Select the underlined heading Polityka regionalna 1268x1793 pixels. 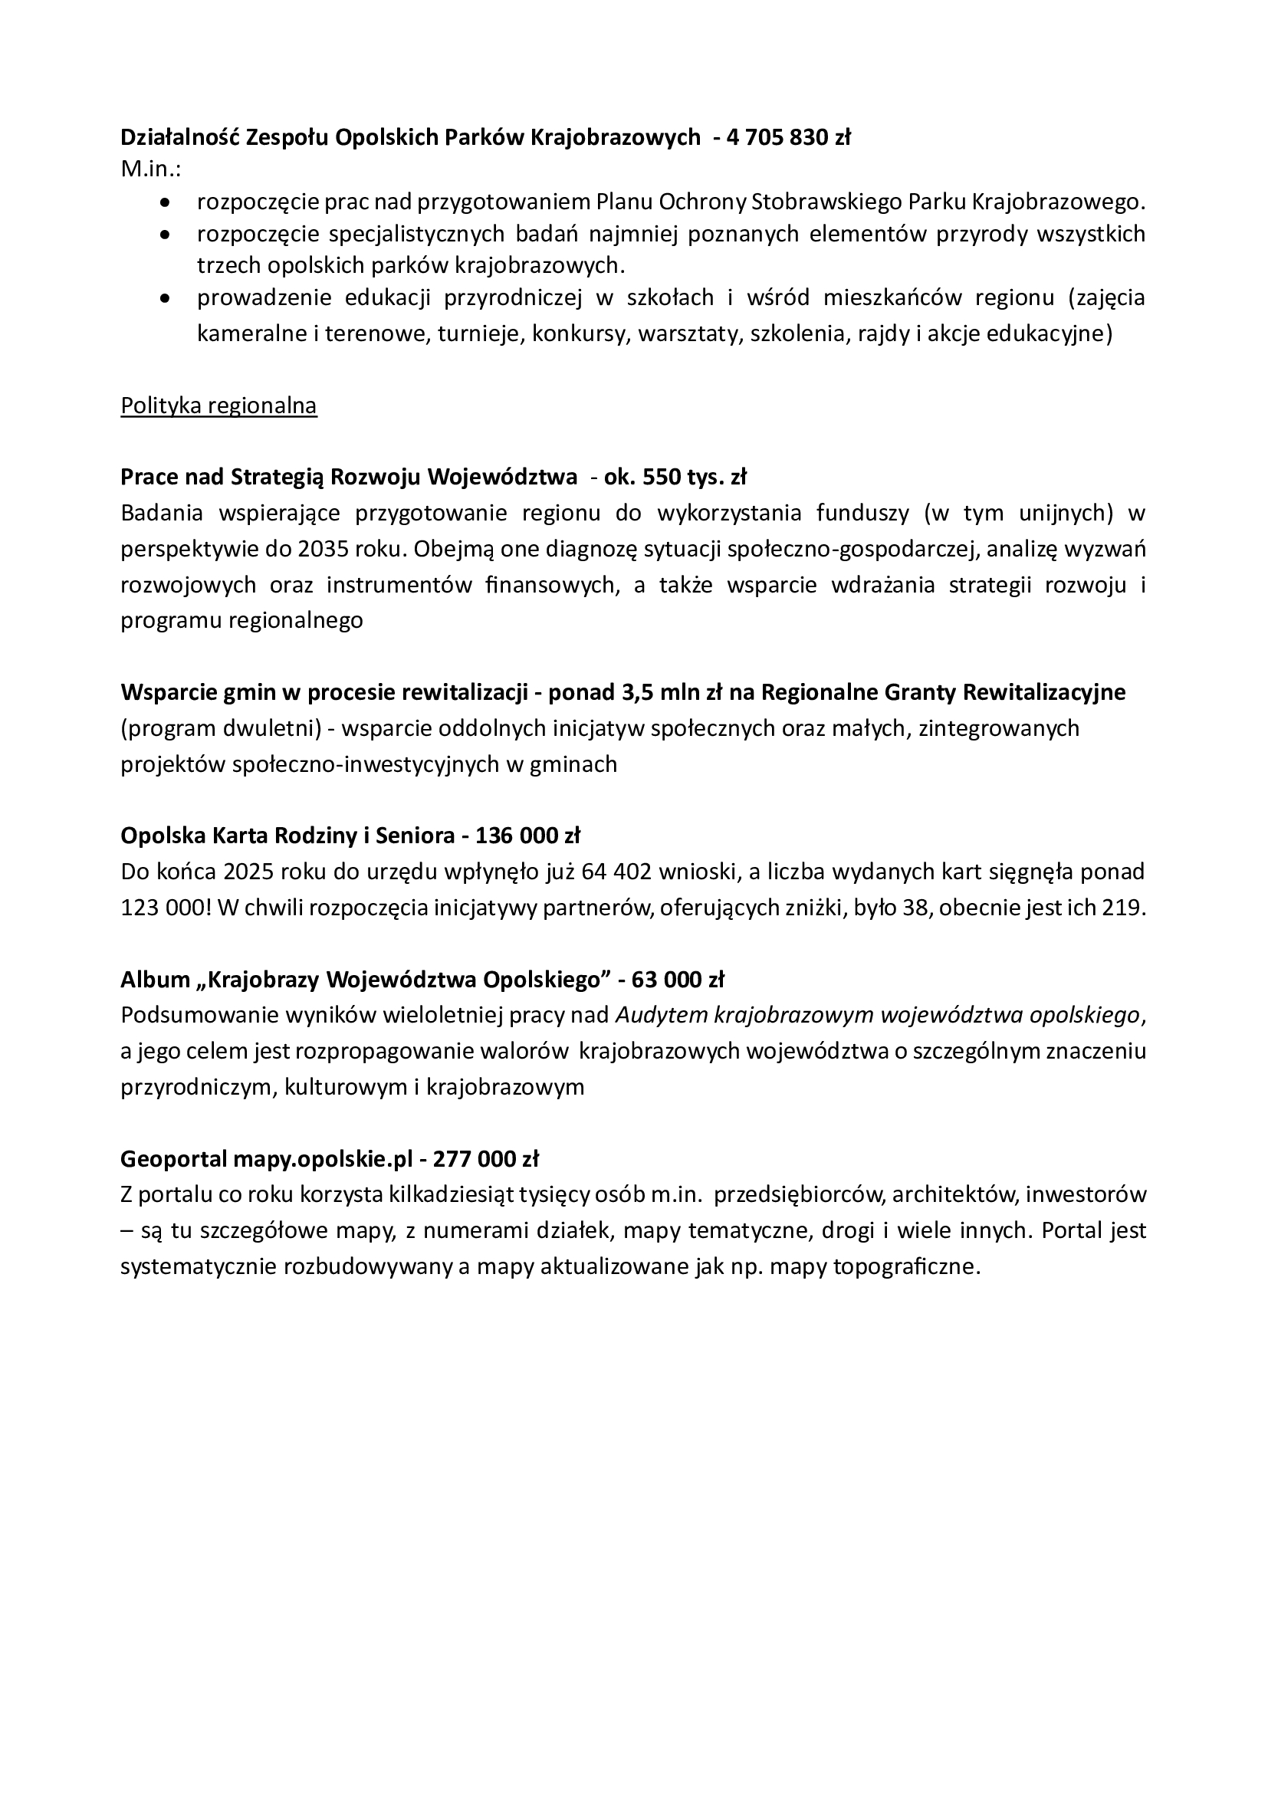(x=218, y=406)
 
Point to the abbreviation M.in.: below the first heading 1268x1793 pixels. (x=151, y=169)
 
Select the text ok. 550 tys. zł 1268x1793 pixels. (x=675, y=476)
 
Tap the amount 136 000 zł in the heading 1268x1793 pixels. (x=527, y=836)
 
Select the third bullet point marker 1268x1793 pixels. (x=164, y=298)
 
